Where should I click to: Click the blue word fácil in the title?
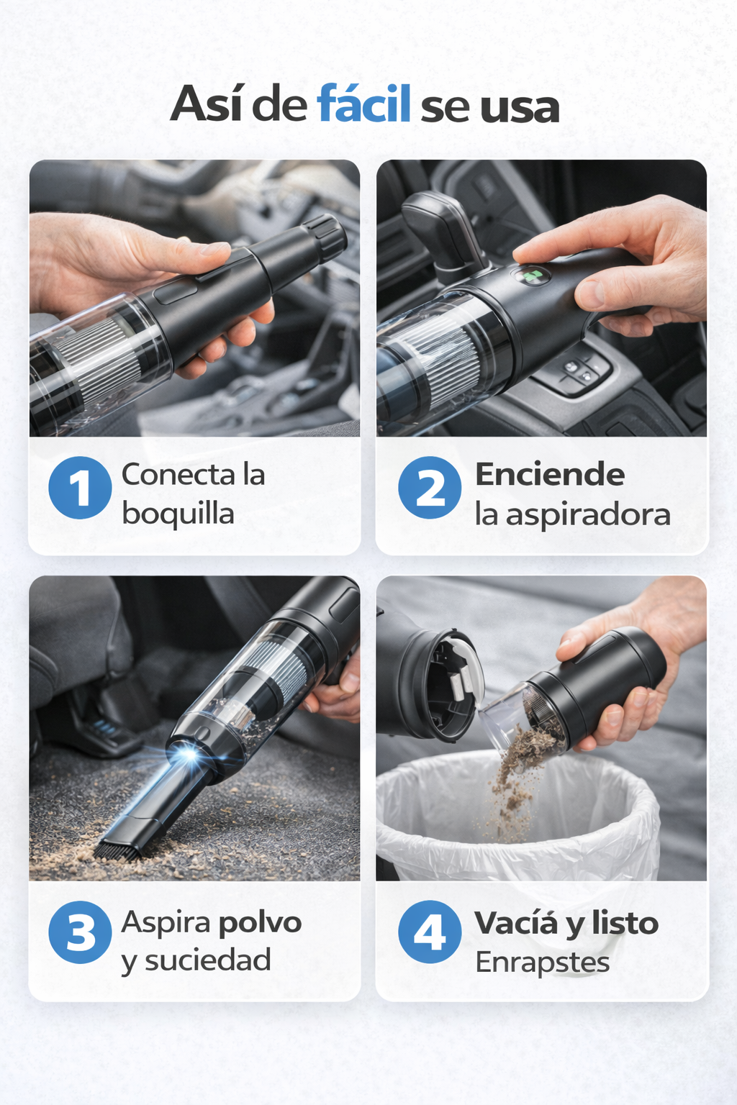[x=363, y=104]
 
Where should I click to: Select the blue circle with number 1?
[x=80, y=487]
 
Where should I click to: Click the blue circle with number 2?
[x=430, y=487]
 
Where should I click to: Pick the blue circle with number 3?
[x=80, y=932]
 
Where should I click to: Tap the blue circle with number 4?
[x=430, y=932]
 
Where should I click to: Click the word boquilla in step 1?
[x=178, y=514]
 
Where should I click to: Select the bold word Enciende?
[x=550, y=475]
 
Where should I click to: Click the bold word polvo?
[x=260, y=922]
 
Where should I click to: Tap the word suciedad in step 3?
[x=208, y=960]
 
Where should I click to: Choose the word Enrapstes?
[x=543, y=963]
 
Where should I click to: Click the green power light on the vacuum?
[x=530, y=276]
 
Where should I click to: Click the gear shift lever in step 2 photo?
[x=443, y=232]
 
